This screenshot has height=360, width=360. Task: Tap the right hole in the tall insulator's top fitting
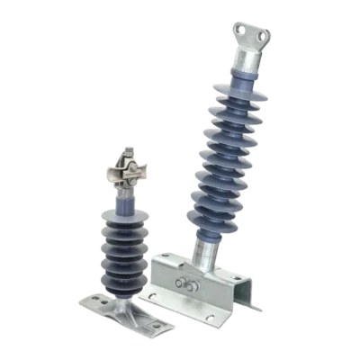click(x=264, y=34)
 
